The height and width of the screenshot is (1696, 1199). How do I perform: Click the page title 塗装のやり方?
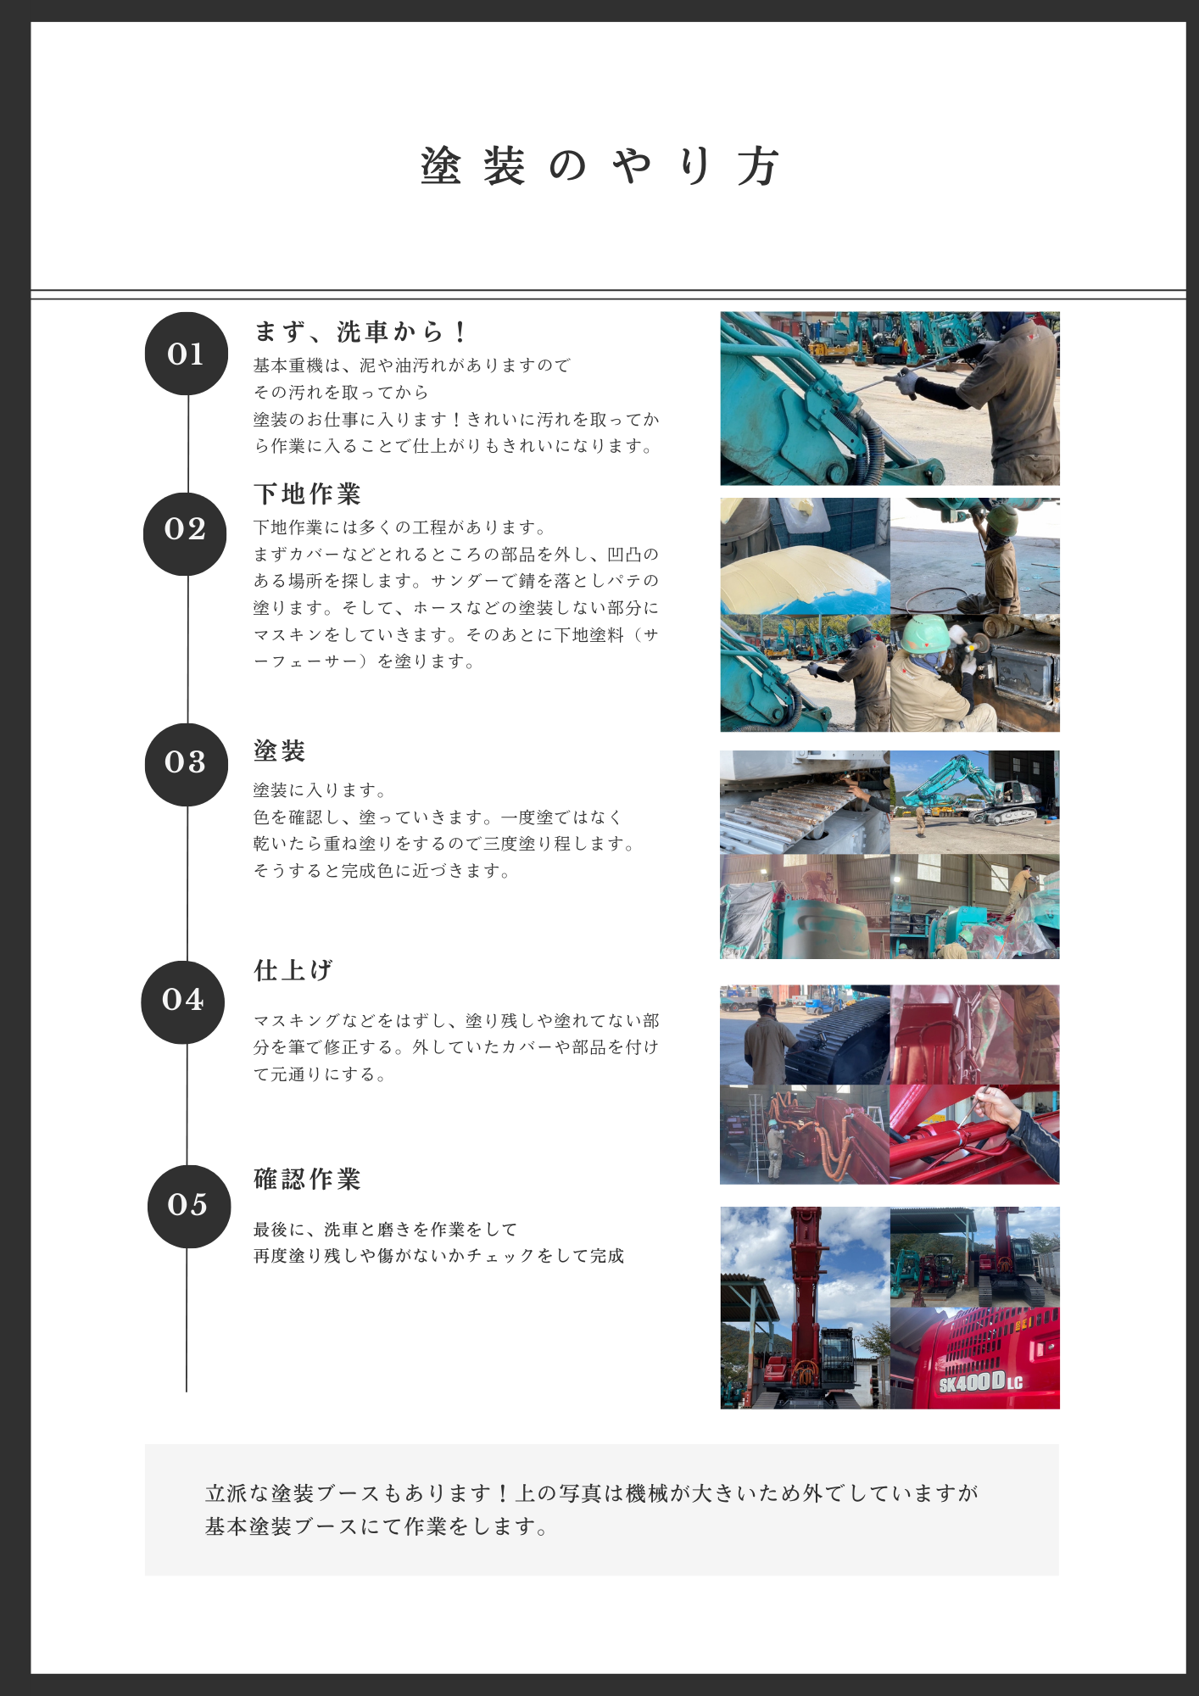point(599,166)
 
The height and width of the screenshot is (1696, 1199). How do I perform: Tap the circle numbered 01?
point(187,354)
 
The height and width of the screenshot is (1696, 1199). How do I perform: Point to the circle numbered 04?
point(183,1002)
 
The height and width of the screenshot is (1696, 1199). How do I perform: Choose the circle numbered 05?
point(189,1206)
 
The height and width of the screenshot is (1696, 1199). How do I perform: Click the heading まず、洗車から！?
point(360,332)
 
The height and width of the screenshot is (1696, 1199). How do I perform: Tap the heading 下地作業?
point(308,494)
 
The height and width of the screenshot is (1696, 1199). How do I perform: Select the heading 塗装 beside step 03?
point(280,750)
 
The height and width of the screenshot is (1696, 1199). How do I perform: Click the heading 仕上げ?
point(293,970)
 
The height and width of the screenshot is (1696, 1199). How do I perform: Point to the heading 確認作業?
point(308,1179)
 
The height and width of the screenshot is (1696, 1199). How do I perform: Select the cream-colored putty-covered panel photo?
point(806,556)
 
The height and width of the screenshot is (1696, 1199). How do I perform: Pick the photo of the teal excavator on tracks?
point(975,802)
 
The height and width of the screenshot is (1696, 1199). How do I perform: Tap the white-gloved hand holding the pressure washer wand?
point(909,383)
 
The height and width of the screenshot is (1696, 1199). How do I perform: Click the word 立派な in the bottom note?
point(237,1493)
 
